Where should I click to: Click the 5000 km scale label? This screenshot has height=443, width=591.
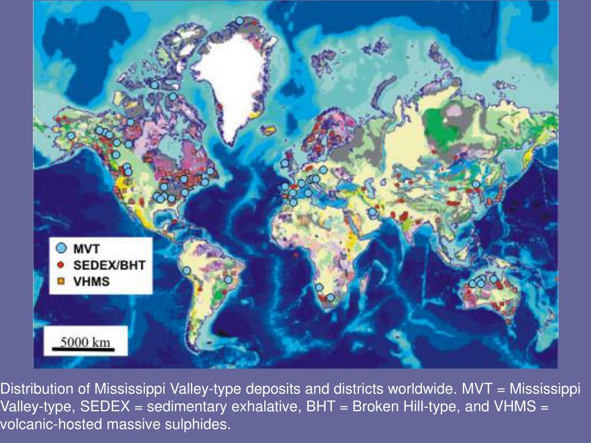coord(85,341)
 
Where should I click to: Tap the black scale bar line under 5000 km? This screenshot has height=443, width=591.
coord(85,349)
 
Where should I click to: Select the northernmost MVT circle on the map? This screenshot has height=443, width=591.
coord(240,21)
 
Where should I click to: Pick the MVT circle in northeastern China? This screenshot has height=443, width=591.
coord(476,185)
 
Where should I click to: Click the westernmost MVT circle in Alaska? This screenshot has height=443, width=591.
coord(70,136)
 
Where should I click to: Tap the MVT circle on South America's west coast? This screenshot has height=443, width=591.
coord(186,270)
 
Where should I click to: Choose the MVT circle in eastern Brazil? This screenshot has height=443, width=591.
coord(229,280)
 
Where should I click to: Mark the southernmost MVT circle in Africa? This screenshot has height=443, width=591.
coord(330,298)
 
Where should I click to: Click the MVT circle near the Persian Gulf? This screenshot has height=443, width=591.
coord(372,212)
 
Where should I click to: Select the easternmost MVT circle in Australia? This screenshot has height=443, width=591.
coord(493,279)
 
